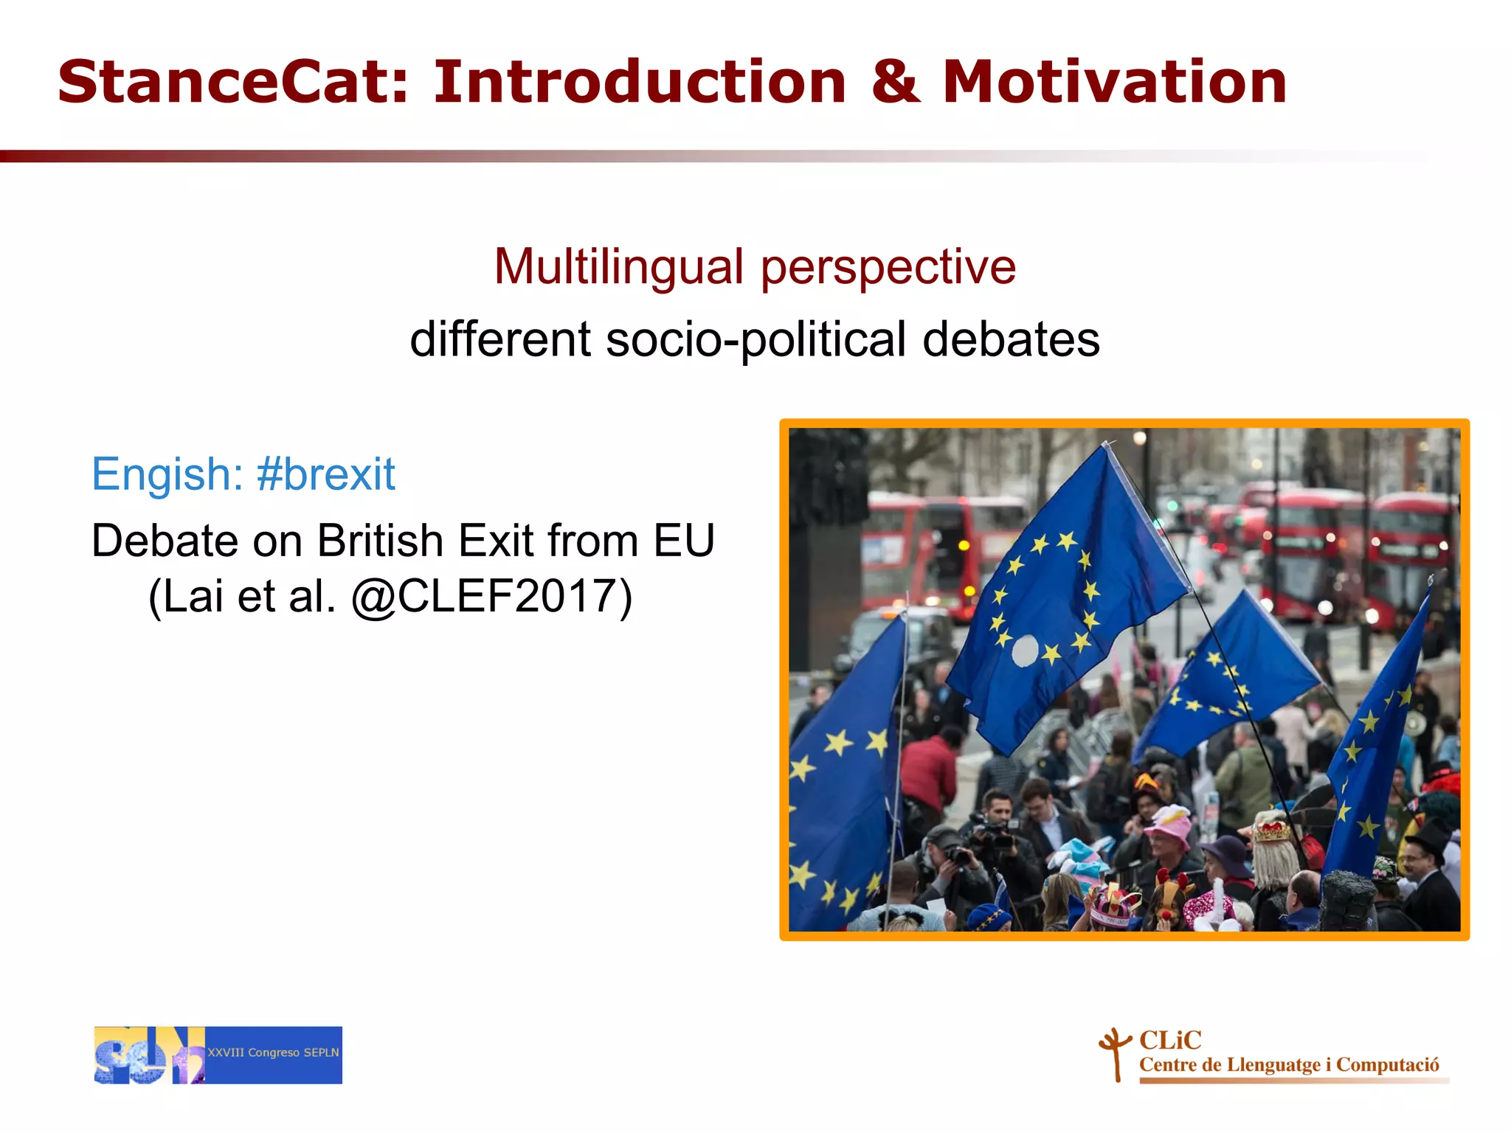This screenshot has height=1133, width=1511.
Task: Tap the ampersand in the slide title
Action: pos(895,82)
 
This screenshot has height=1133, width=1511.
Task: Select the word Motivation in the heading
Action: pos(1115,82)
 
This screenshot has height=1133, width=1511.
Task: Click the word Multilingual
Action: pos(618,266)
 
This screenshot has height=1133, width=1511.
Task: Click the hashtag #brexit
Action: pos(325,474)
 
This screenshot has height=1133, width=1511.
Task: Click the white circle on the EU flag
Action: pos(1025,651)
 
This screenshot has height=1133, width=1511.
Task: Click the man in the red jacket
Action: pos(929,771)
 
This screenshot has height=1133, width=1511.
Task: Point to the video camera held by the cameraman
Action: pos(993,834)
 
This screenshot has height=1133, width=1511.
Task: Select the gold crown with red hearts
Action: pos(1273,831)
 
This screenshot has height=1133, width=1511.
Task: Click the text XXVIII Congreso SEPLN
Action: pos(273,1053)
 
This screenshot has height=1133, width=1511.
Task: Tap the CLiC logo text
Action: pos(1170,1040)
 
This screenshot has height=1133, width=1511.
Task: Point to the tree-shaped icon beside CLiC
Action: pos(1116,1053)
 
